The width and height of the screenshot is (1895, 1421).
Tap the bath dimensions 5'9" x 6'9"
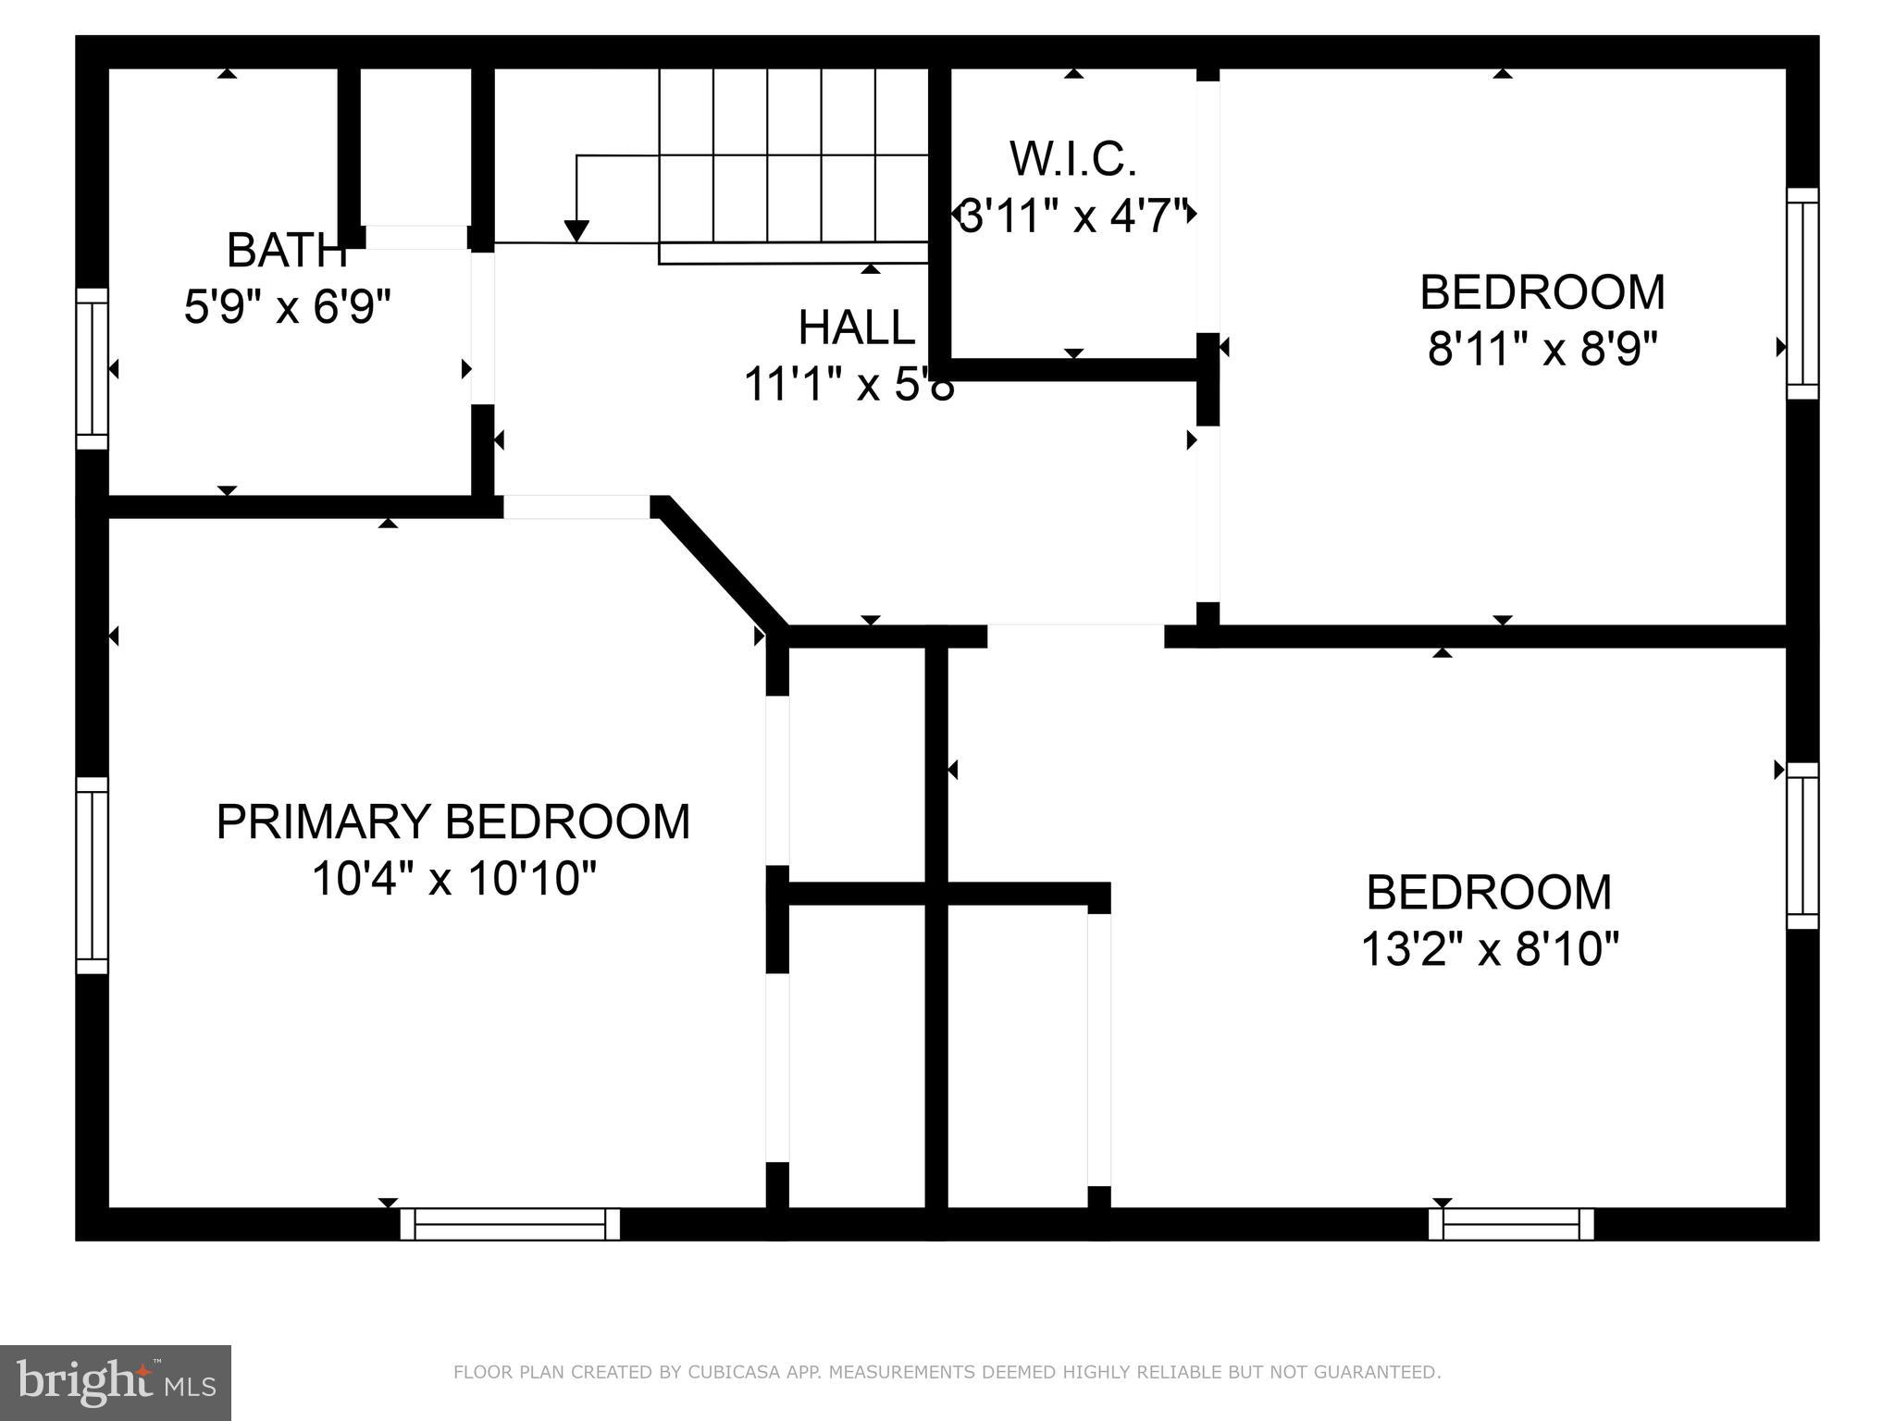pyautogui.click(x=288, y=307)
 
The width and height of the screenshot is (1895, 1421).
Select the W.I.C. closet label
pyautogui.click(x=1073, y=159)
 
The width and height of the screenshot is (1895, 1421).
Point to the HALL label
pyautogui.click(x=857, y=327)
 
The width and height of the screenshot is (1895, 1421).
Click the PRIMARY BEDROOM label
pyautogui.click(x=452, y=822)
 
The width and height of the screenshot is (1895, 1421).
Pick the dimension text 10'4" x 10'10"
pyautogui.click(x=453, y=879)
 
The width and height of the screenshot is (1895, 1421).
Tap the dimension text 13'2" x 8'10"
pyautogui.click(x=1490, y=949)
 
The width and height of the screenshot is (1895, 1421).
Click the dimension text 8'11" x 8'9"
pyautogui.click(x=1542, y=350)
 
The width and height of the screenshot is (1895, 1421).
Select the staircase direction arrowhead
pyautogui.click(x=576, y=231)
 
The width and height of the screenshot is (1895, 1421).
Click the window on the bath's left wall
pyautogui.click(x=92, y=368)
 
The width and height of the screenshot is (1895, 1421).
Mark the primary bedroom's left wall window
pyautogui.click(x=92, y=875)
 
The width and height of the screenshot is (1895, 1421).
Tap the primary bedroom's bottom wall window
pyautogui.click(x=510, y=1223)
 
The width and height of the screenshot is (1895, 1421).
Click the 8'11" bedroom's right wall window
pyautogui.click(x=1802, y=293)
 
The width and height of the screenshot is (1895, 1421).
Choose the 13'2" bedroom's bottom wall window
pyautogui.click(x=1511, y=1223)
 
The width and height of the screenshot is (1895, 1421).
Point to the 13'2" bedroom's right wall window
pyautogui.click(x=1802, y=846)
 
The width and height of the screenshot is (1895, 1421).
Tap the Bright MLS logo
pyautogui.click(x=116, y=1382)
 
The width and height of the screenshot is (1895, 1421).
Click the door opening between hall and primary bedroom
pyautogui.click(x=576, y=507)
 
